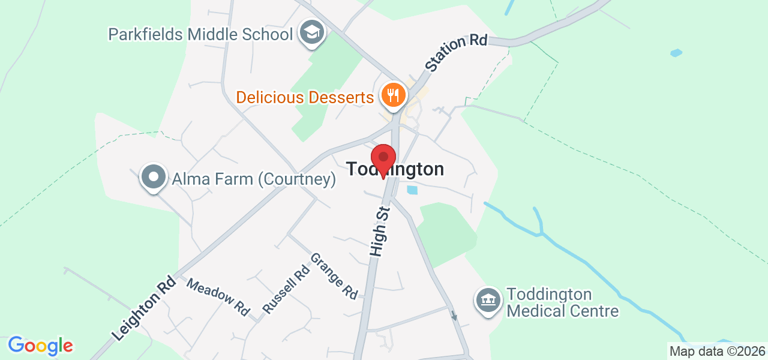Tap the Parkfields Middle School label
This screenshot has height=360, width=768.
click(x=200, y=34)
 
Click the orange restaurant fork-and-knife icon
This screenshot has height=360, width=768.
click(x=393, y=96)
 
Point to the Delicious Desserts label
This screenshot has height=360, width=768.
click(x=305, y=97)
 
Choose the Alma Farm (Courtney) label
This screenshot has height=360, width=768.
click(x=253, y=179)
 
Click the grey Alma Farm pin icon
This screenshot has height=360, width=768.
click(x=154, y=177)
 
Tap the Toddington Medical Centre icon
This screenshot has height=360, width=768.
click(x=488, y=299)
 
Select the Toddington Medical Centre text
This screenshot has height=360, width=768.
click(x=563, y=303)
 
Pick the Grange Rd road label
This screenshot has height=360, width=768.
click(x=334, y=276)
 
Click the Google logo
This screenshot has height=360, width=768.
click(x=40, y=346)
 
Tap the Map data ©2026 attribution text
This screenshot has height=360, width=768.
click(x=717, y=352)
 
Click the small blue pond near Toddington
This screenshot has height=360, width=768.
click(x=412, y=190)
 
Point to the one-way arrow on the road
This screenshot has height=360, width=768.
click(x=454, y=316)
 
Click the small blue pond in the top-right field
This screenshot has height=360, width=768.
click(x=676, y=53)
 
